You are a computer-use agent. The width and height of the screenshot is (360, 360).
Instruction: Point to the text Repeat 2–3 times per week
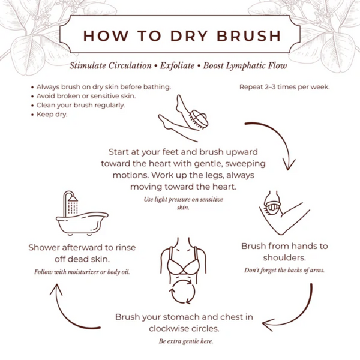284,86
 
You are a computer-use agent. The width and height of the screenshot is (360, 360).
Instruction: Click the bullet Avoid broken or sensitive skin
86,96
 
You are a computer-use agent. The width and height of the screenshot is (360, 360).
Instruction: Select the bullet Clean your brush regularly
80,105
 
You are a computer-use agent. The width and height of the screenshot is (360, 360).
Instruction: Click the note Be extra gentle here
185,341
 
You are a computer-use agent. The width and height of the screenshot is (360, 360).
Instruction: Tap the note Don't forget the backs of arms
284,271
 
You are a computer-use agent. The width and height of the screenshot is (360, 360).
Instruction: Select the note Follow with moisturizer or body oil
81,272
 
